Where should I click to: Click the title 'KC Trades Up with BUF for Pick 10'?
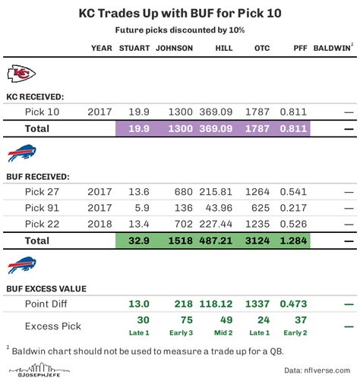click(x=179, y=14)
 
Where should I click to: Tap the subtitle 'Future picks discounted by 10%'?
click(x=179, y=30)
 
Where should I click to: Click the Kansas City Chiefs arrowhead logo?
click(x=21, y=74)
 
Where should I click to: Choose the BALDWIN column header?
click(x=331, y=48)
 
